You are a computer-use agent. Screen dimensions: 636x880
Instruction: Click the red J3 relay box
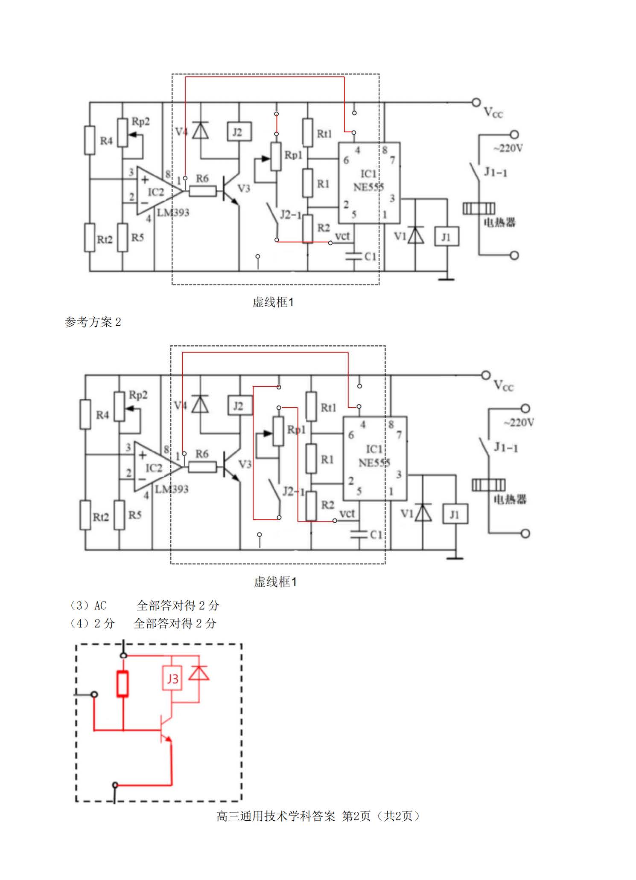172,678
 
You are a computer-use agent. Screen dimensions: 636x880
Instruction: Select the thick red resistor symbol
123,684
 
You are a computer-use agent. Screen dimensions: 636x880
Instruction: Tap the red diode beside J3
199,673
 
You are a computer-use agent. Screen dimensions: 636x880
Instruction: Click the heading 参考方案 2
93,322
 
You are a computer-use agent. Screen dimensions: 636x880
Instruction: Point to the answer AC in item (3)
100,605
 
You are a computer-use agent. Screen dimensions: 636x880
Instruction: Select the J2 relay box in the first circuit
239,132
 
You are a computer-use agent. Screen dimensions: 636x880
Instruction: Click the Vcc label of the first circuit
493,113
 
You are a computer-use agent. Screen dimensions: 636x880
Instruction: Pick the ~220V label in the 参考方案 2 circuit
519,423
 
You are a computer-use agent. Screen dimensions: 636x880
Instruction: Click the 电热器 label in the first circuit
499,222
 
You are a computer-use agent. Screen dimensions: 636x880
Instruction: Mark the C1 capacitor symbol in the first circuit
354,256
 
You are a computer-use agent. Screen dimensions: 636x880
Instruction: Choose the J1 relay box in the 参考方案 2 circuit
455,514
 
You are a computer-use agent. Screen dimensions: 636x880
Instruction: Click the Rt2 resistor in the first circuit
89,237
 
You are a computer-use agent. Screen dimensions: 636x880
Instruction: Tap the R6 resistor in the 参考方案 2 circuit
202,466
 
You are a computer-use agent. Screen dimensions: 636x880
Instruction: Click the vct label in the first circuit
342,236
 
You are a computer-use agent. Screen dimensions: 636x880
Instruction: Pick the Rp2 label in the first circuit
140,122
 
